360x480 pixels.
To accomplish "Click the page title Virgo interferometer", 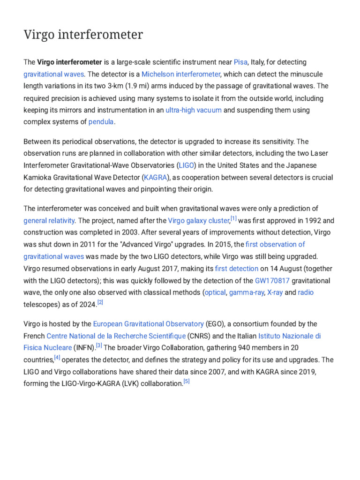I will tap(83, 35).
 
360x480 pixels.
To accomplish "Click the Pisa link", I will tap(240, 62).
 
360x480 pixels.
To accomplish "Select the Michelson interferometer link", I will tap(181, 74).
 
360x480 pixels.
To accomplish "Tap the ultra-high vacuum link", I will tap(194, 110).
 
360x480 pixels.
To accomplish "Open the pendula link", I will tap(101, 122).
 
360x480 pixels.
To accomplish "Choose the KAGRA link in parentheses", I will tap(155, 178).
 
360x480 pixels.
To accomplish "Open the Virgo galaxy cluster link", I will tap(199, 220).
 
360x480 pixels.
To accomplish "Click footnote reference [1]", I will tap(233, 218).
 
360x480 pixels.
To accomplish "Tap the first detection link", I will tap(237, 269).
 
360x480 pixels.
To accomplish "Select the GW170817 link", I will tap(272, 281).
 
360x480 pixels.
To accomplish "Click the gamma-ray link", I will tap(246, 292).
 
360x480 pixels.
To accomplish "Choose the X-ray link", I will tap(275, 292).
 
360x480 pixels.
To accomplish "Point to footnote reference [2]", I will tap(100, 303).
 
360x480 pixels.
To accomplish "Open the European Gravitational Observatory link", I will tap(148, 324).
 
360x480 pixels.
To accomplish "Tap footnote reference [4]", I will tap(57, 358).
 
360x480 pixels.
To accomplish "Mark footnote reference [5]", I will tap(186, 382).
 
